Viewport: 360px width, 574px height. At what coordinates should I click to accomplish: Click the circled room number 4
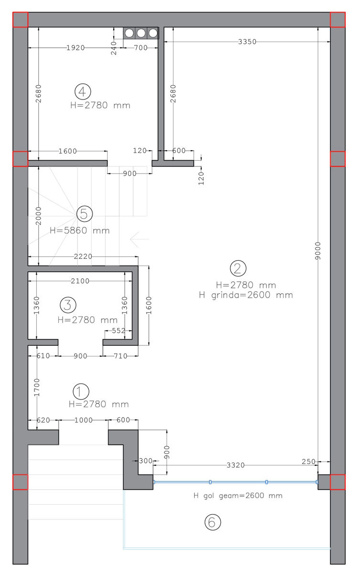[82, 91]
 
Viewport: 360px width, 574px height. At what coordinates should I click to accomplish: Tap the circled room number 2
[238, 268]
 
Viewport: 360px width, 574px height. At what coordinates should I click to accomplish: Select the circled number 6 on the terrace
[213, 522]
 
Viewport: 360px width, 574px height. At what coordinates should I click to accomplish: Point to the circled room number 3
[68, 305]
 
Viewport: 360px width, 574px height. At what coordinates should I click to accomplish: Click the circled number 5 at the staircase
[85, 214]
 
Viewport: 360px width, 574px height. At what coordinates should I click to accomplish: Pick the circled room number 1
[81, 392]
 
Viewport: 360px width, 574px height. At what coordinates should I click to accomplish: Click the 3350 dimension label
[247, 42]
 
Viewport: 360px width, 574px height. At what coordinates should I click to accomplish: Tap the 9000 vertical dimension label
[317, 251]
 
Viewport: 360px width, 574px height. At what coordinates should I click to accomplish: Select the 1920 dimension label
[76, 48]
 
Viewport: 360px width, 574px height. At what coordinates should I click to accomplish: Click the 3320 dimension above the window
[236, 465]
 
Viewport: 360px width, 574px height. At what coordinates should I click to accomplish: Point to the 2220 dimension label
[83, 256]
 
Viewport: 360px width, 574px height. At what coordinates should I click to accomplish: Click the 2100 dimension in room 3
[80, 281]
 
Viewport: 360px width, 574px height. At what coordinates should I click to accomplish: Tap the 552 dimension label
[119, 331]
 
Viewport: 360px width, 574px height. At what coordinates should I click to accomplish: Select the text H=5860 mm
[80, 231]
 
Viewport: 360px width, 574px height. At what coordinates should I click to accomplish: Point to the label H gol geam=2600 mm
[238, 496]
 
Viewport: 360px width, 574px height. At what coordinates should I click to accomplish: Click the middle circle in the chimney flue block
[141, 33]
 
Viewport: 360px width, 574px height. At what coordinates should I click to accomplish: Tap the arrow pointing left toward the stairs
[140, 239]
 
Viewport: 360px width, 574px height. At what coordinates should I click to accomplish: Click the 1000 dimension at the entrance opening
[84, 420]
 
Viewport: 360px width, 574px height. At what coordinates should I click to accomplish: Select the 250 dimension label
[308, 462]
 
